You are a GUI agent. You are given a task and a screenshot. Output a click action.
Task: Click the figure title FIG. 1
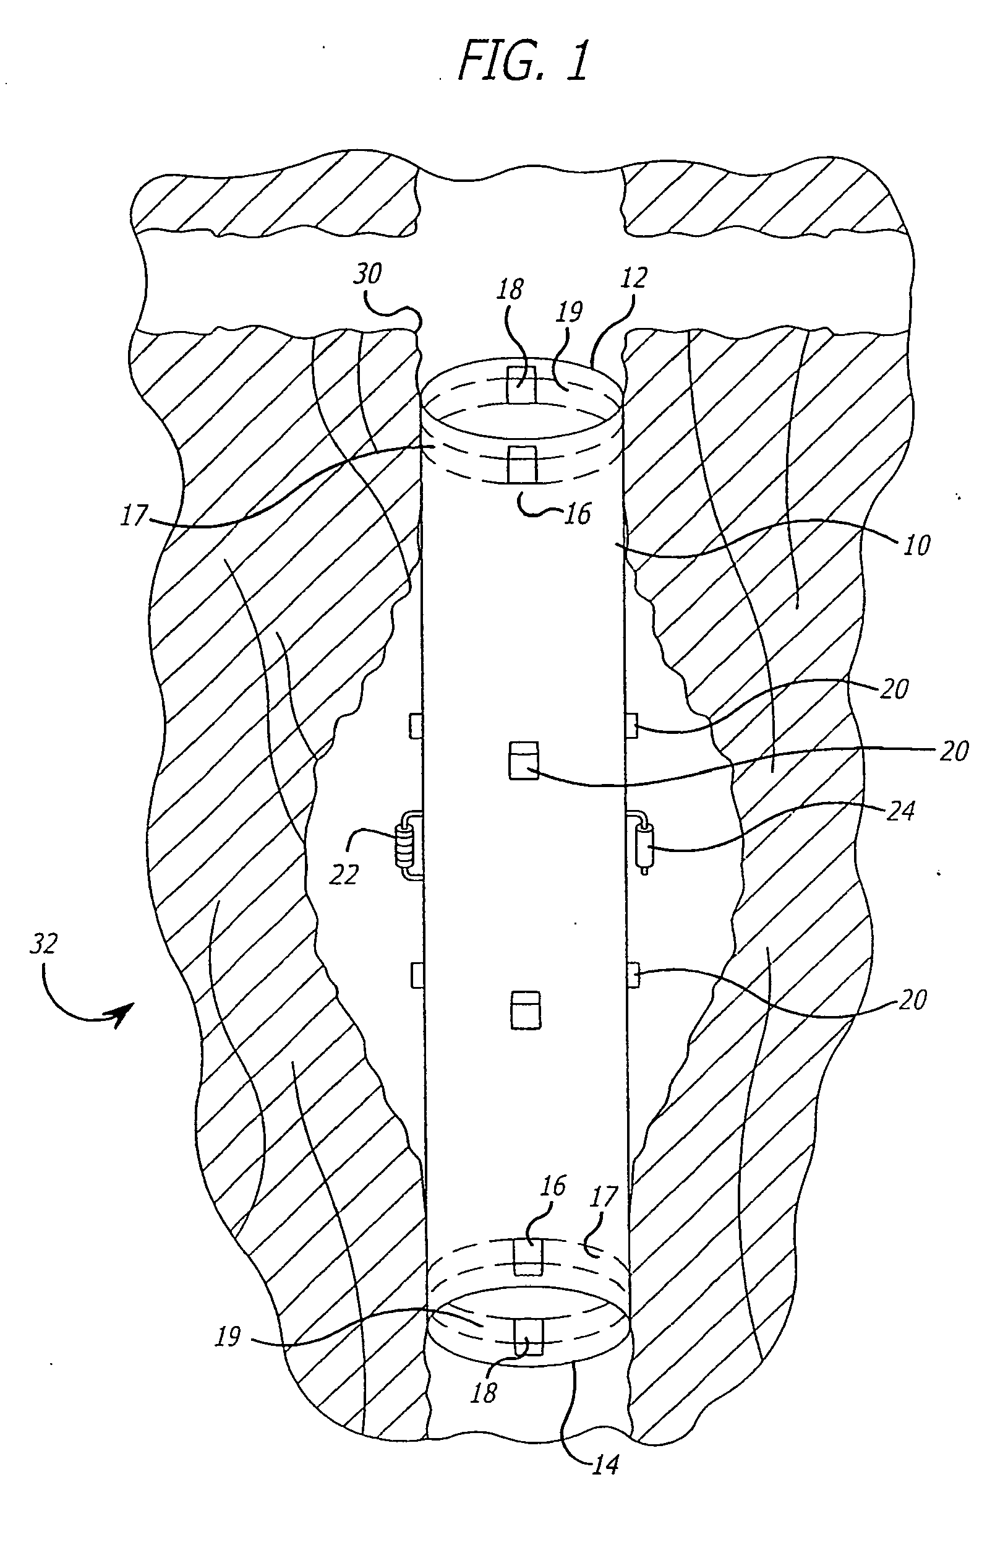point(524,59)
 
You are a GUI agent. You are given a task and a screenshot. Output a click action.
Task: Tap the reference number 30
point(367,274)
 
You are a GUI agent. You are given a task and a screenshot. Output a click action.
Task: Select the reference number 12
point(634,278)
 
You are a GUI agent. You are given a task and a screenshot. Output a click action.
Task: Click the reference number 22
point(344,876)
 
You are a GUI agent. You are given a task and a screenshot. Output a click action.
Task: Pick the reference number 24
point(900,811)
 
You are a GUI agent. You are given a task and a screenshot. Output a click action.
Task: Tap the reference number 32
point(44,944)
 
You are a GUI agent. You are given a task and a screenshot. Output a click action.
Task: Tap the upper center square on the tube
point(523,760)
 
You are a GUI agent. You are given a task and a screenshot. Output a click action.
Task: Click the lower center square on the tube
point(525,1009)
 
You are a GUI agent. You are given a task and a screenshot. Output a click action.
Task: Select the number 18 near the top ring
point(510,290)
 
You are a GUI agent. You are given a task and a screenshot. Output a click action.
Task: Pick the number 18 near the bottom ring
point(484,1392)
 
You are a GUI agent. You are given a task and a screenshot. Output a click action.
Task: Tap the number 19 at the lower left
point(228,1337)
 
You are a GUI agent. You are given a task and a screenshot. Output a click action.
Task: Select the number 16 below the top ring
point(578,514)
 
